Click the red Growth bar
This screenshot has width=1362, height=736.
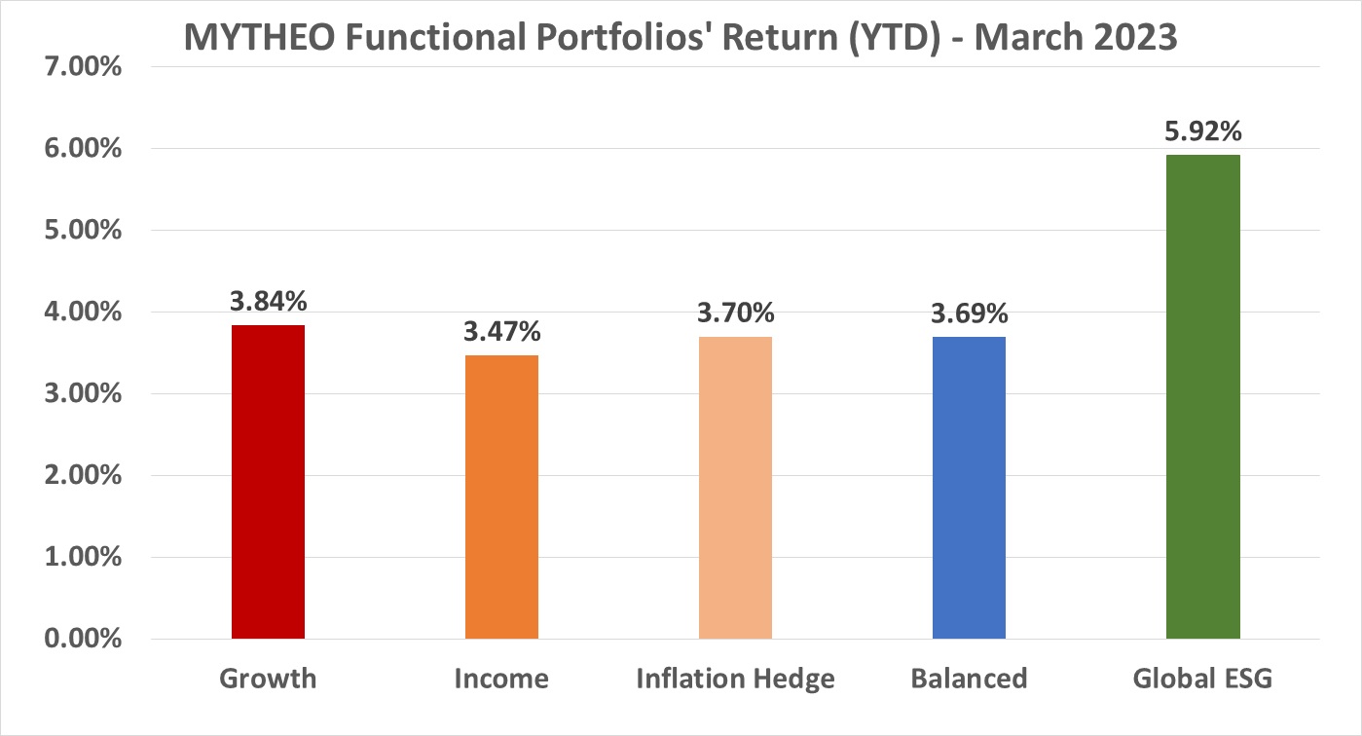[x=268, y=482]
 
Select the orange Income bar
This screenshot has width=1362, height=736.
[x=501, y=497]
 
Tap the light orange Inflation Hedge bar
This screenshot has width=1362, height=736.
[x=735, y=487]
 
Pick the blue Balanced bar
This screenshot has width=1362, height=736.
[x=969, y=487]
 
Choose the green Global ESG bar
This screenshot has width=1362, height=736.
[x=1202, y=396]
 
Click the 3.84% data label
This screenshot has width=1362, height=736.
[x=268, y=301]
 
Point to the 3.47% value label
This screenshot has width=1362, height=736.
[x=501, y=331]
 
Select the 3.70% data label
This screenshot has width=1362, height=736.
[x=735, y=313]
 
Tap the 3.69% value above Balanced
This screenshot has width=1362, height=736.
[x=969, y=313]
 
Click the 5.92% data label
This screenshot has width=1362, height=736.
[x=1202, y=130]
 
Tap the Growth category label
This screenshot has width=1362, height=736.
[x=268, y=679]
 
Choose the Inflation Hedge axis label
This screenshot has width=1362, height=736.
[x=735, y=679]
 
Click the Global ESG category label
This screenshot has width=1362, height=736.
[x=1202, y=679]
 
